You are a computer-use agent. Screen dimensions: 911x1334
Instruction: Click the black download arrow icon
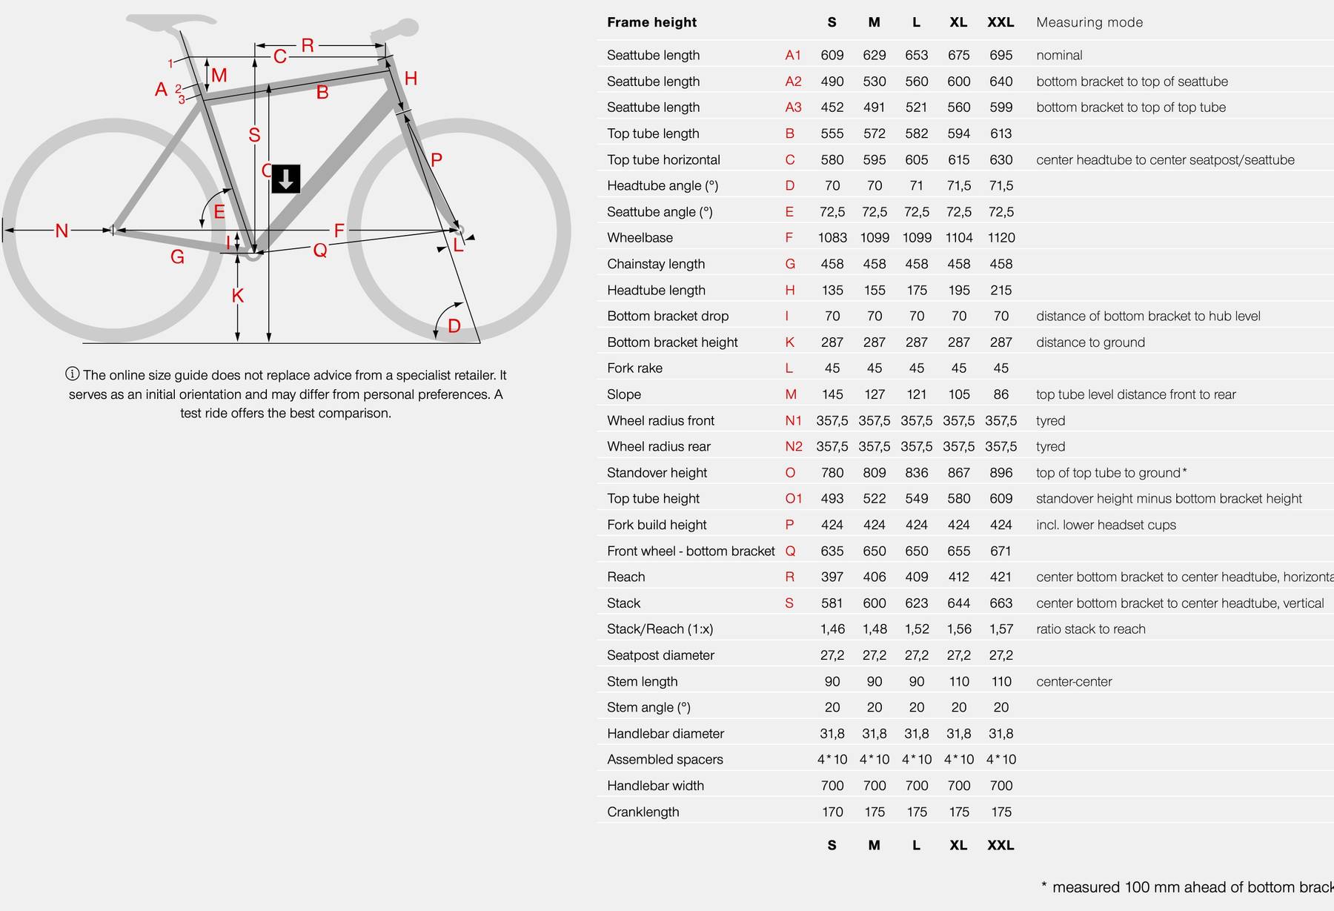[x=286, y=179]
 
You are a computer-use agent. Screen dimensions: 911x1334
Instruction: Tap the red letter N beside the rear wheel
[x=62, y=231]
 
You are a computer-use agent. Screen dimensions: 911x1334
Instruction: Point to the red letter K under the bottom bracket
[x=237, y=296]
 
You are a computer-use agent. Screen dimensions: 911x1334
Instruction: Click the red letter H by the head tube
[x=411, y=79]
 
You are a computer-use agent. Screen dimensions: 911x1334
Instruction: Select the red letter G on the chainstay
[x=177, y=257]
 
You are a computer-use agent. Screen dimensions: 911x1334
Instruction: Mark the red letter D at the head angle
[x=454, y=325]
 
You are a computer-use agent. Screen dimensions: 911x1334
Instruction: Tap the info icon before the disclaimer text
[x=73, y=374]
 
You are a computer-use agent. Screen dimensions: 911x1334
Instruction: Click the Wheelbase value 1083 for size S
[x=832, y=238]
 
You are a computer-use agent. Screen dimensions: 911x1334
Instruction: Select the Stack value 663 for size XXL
[x=1001, y=603]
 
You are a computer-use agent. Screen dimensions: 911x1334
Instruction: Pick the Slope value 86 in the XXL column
[x=1001, y=394]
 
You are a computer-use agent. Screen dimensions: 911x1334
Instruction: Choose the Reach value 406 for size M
[x=875, y=577]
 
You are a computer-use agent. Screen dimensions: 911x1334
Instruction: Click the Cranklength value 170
[x=832, y=812]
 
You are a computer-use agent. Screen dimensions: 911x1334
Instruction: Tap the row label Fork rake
[x=634, y=368]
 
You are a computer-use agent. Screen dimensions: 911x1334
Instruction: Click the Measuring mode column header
[x=1089, y=22]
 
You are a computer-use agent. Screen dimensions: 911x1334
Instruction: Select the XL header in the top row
[x=958, y=22]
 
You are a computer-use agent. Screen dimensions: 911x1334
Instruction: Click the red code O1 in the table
[x=793, y=499]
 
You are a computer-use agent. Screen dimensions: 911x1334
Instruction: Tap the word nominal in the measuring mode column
[x=1059, y=56]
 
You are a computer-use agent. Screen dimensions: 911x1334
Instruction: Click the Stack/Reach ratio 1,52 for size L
[x=917, y=629]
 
